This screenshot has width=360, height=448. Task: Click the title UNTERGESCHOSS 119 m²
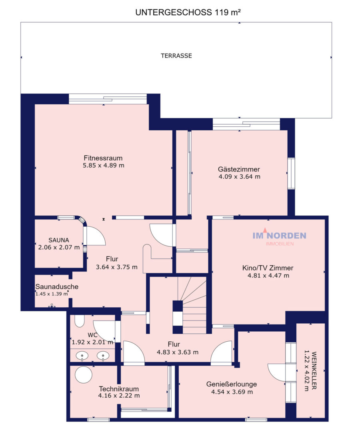[x=188, y=12]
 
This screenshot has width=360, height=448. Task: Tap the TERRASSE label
[x=176, y=56]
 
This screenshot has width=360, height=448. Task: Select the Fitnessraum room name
[x=103, y=158]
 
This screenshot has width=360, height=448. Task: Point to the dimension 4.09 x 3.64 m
[x=239, y=177]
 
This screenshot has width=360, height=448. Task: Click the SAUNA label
[x=59, y=240]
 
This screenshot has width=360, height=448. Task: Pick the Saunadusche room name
[x=57, y=287]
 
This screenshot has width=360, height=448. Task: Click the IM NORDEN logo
[x=279, y=237]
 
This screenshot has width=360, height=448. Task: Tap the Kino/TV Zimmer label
[x=268, y=268]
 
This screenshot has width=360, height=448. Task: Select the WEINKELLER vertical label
[x=314, y=370]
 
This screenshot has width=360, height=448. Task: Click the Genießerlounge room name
[x=232, y=384]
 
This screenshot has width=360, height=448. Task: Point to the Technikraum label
[x=119, y=389]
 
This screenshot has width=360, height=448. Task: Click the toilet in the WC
[x=80, y=321]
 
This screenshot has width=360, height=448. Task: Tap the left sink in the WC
[x=82, y=356]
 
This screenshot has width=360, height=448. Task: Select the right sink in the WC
[x=103, y=356]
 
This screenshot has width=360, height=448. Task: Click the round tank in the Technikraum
[x=84, y=375]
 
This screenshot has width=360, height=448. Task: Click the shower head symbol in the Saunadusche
[x=52, y=306]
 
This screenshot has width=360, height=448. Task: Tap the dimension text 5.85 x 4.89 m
[x=104, y=165]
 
